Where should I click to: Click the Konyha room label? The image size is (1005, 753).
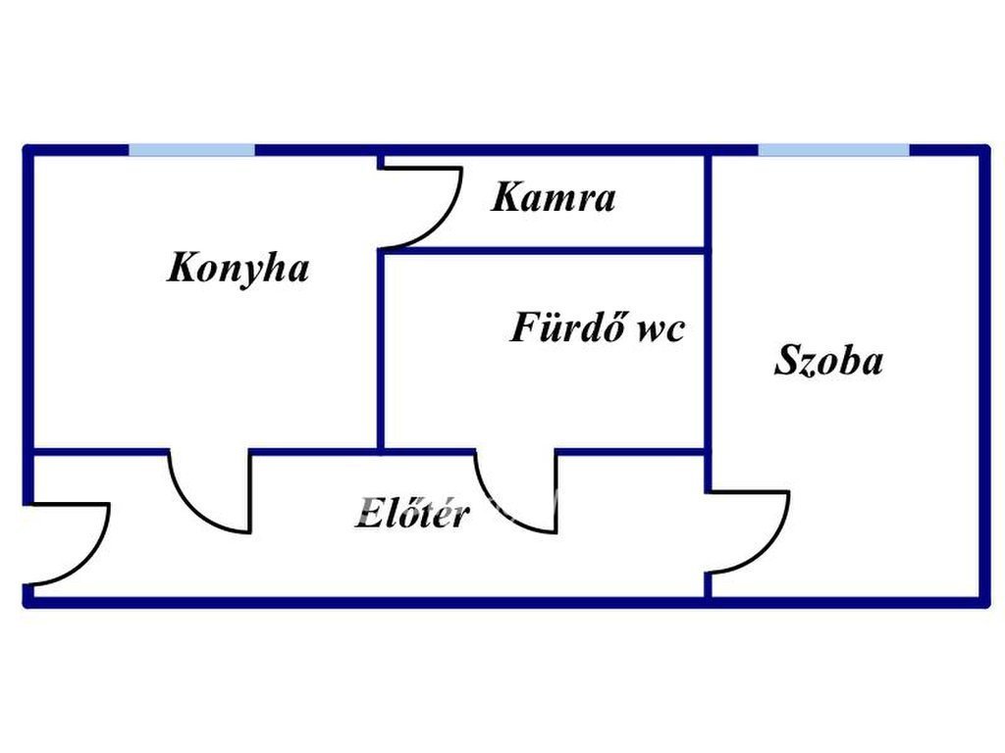pos(238,268)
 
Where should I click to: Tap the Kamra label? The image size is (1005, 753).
pos(554,198)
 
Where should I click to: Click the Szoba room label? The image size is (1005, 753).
pos(828,360)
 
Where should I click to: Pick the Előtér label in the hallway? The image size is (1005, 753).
pos(412,514)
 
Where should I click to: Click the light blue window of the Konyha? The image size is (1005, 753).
pos(192,150)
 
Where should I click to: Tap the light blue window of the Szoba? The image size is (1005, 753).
pos(833,150)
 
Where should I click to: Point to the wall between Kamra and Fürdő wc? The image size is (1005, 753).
pos(543,250)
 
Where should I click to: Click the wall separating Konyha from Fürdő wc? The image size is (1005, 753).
pos(381,348)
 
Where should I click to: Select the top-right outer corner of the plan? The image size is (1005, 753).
pos(983,150)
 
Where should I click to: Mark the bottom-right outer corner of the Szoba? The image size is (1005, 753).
pos(983,601)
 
